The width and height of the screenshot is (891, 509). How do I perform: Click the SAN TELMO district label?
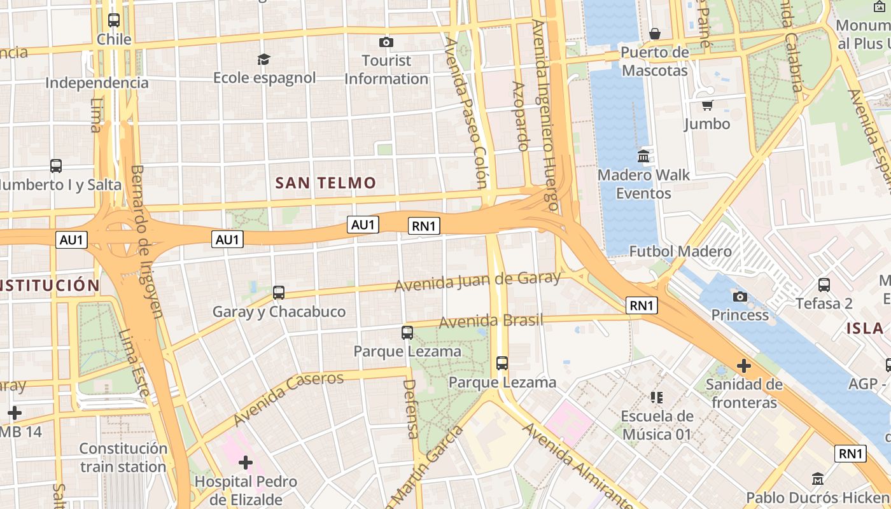pyautogui.click(x=325, y=183)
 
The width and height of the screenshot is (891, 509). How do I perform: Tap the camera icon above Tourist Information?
pyautogui.click(x=386, y=43)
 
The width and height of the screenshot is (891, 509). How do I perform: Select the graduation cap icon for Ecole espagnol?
pyautogui.click(x=263, y=59)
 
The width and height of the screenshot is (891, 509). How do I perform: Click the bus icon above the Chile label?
pyautogui.click(x=114, y=20)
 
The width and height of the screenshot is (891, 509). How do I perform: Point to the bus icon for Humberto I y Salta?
pyautogui.click(x=56, y=166)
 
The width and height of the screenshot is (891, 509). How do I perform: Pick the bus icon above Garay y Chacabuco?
pyautogui.click(x=279, y=293)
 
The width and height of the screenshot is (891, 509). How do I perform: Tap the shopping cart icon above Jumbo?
pyautogui.click(x=707, y=105)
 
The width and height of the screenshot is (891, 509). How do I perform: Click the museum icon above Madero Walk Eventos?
pyautogui.click(x=643, y=156)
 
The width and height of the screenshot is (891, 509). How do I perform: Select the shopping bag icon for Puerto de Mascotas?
pyautogui.click(x=654, y=34)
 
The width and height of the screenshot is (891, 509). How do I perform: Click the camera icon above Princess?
pyautogui.click(x=740, y=296)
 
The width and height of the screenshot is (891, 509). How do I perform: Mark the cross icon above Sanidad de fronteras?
pyautogui.click(x=743, y=366)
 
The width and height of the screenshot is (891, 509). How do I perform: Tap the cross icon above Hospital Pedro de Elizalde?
pyautogui.click(x=246, y=463)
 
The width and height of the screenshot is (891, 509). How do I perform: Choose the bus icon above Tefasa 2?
pyautogui.click(x=824, y=284)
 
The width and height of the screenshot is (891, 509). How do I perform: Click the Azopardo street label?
pyautogui.click(x=519, y=116)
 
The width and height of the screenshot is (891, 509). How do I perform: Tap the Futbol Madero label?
pyautogui.click(x=680, y=251)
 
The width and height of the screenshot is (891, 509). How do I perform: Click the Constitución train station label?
pyautogui.click(x=123, y=457)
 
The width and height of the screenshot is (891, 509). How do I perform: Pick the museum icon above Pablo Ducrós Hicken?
pyautogui.click(x=818, y=478)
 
